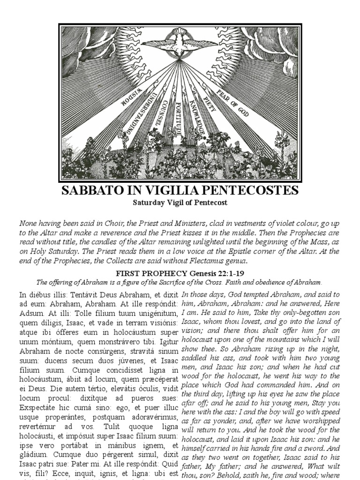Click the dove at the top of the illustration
point(180,43)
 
